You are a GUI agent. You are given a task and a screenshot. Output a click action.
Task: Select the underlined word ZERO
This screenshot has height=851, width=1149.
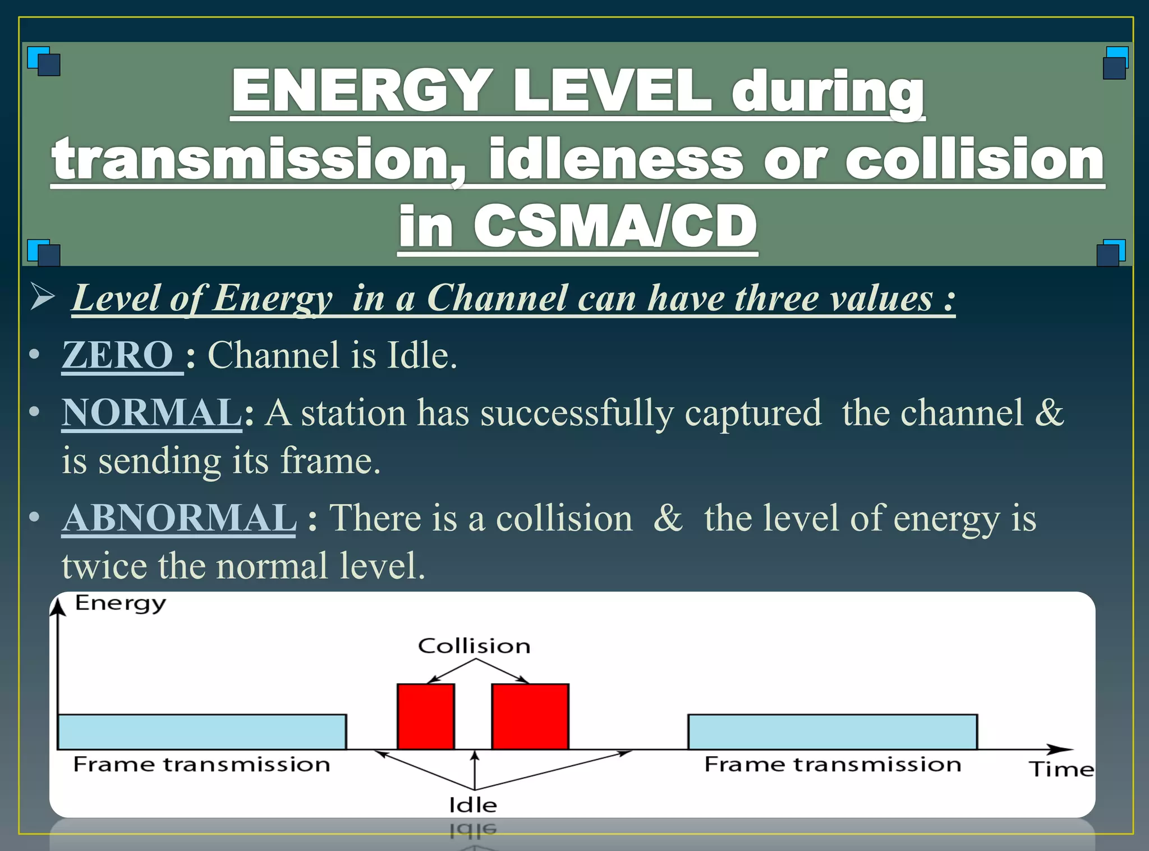pos(118,355)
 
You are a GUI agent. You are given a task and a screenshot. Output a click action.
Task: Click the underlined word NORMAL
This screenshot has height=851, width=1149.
pos(151,413)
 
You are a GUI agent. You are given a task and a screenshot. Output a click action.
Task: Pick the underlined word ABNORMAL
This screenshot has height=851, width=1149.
pos(179,517)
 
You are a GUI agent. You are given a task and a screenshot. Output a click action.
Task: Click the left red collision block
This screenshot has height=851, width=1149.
pos(426,716)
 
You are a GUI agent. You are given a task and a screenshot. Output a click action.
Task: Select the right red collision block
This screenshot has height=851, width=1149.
pos(530,716)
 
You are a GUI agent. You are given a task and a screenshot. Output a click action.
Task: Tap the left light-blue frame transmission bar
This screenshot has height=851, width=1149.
pos(202,732)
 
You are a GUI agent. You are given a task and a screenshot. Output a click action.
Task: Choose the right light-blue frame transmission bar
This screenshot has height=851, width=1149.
pos(833,732)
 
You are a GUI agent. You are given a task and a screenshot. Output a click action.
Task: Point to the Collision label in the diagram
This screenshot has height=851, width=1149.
pos(474,646)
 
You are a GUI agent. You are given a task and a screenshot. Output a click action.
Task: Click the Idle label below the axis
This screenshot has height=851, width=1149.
pos(473,805)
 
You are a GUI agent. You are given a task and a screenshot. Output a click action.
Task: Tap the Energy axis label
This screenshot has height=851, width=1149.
pos(121,604)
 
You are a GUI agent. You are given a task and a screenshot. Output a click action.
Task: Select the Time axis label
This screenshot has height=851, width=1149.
pos(1061,769)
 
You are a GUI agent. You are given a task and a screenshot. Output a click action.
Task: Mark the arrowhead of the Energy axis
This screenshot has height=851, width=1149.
pos(58,606)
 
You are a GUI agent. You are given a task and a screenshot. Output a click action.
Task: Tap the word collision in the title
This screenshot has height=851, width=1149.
pos(975,159)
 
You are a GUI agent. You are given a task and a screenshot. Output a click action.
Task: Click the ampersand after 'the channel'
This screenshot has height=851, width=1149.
pos(1049,413)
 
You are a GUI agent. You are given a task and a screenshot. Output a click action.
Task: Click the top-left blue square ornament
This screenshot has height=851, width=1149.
pos(44,61)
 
